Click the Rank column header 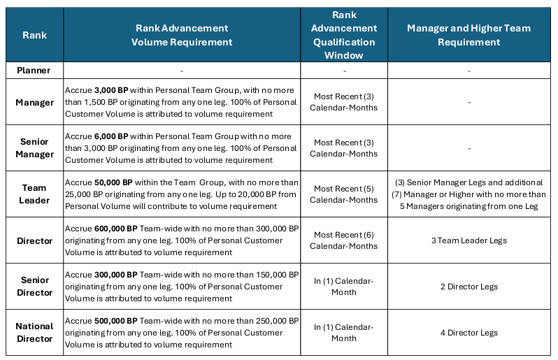[x=35, y=35]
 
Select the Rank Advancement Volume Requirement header [x=182, y=35]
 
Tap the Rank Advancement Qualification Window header [x=344, y=35]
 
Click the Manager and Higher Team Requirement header [x=468, y=35]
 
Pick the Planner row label [x=35, y=71]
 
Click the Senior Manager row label [x=35, y=148]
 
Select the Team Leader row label [x=35, y=194]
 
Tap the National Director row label [x=35, y=332]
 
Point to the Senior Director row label [x=35, y=287]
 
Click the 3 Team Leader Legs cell [x=468, y=240]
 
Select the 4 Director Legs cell [x=468, y=333]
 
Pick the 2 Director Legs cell [x=468, y=287]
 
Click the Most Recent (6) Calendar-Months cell [x=344, y=240]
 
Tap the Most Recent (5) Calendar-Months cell [x=344, y=194]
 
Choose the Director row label [x=35, y=240]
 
